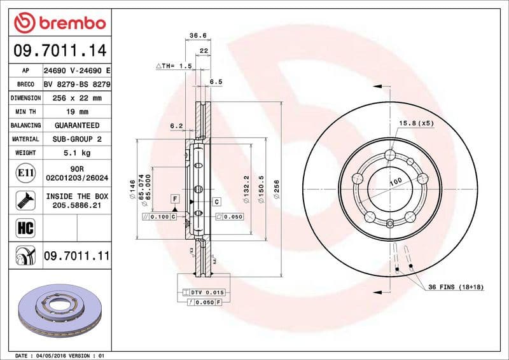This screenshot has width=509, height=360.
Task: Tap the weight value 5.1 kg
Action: pos(76,153)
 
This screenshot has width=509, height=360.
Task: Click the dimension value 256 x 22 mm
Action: pos(76,98)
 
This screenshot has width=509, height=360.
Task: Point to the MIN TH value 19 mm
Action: pos(76,112)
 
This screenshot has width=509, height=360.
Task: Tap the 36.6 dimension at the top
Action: pos(197,36)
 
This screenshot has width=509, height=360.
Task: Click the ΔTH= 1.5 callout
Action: pos(174,66)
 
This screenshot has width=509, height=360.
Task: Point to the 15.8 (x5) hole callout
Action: pos(416,122)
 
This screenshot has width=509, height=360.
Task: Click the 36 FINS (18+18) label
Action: pos(455,287)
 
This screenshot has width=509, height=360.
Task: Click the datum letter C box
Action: pos(216,202)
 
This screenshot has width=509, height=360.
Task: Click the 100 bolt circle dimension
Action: pos(395,182)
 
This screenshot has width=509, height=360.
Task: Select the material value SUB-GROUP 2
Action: pos(76,139)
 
